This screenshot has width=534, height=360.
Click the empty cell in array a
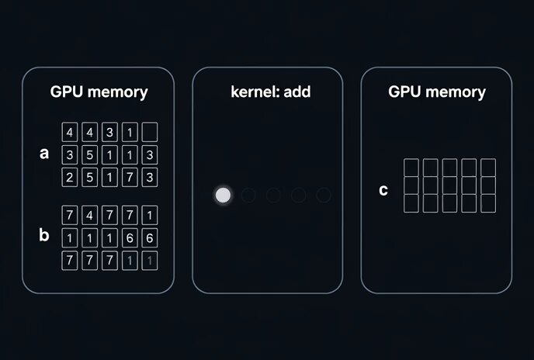coord(150,132)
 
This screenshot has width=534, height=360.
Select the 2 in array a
coord(70,177)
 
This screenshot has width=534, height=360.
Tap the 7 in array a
coord(130,177)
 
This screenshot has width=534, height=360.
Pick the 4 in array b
coord(89,215)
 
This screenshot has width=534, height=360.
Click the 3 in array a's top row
coord(109,132)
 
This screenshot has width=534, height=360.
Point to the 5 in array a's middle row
coord(89,155)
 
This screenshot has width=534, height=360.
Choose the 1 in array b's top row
coord(150,215)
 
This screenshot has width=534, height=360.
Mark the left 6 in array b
coord(130,237)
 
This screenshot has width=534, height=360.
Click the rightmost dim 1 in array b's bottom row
coord(150,261)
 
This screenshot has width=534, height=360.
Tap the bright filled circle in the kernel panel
coord(223,196)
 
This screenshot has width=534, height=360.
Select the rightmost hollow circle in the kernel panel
coord(323,196)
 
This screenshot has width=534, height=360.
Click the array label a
coord(44,154)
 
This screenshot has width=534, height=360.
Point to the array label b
coord(44,234)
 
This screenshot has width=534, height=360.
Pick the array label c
coord(383,190)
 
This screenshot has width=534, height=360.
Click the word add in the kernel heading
coord(297,92)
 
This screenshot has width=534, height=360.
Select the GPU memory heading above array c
coord(437,92)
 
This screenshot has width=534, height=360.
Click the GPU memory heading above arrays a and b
coord(99,92)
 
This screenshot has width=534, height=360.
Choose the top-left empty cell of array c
coord(411,168)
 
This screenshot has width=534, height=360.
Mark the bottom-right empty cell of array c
coord(488,203)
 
